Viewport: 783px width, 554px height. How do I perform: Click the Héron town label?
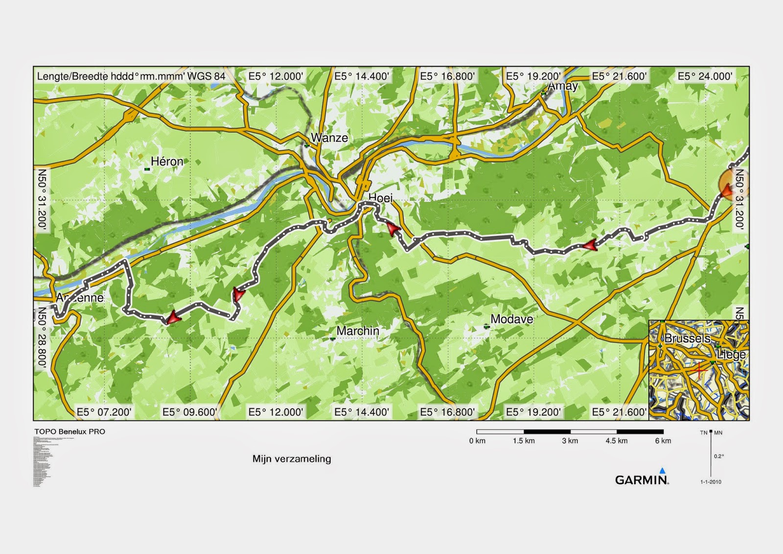tap(167, 162)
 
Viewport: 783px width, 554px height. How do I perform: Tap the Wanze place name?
tap(329, 138)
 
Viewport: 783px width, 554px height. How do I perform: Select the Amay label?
tap(563, 86)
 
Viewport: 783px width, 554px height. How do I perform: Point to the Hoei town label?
tap(380, 198)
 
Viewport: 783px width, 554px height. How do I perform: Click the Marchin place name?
tap(358, 331)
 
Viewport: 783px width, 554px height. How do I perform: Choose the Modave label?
tap(511, 319)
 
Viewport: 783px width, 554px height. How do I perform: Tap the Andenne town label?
tap(80, 298)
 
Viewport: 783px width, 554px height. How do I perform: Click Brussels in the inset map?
tap(687, 338)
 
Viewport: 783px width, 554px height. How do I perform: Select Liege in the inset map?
tap(731, 354)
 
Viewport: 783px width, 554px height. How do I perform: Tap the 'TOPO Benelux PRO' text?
tap(69, 432)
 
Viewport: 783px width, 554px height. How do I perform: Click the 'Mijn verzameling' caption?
tap(292, 459)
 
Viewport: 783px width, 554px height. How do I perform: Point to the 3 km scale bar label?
tap(570, 441)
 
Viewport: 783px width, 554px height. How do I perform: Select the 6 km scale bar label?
tap(663, 441)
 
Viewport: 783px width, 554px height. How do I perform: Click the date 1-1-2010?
tap(711, 482)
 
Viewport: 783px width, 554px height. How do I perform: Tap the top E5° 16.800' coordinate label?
tap(447, 76)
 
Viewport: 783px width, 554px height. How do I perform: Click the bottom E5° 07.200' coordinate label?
tap(104, 412)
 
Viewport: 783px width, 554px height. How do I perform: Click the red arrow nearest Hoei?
tap(392, 229)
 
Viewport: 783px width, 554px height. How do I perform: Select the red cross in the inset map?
tap(700, 369)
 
